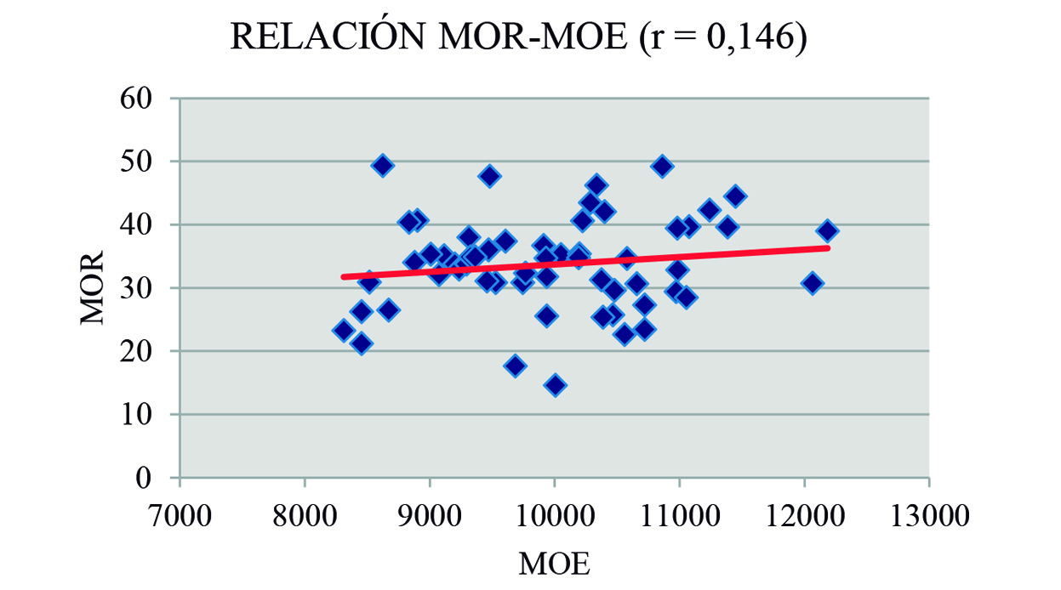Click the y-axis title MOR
93,287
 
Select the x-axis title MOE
554,564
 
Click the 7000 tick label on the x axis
180,517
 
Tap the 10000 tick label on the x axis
554,517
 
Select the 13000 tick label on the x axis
928,517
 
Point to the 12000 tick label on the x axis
804,517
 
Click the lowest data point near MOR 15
555,385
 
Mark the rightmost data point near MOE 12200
827,231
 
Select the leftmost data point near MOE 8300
344,330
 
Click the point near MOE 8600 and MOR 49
382,165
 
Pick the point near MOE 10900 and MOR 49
662,166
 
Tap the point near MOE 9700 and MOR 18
514,366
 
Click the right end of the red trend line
828,247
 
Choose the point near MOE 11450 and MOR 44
735,196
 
